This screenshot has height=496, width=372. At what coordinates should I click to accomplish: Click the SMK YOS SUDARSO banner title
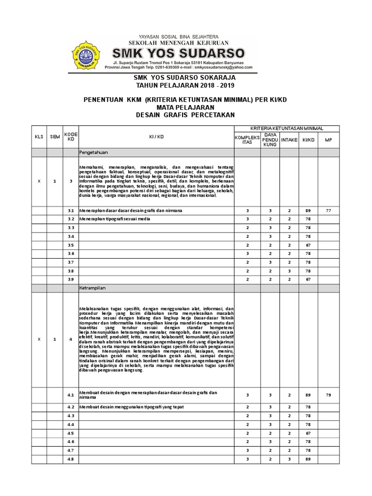point(179,52)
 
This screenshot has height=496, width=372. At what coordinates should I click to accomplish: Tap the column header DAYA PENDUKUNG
point(270,139)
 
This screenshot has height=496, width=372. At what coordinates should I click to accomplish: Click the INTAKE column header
point(289,139)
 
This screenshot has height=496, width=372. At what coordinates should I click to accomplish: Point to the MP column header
point(328,139)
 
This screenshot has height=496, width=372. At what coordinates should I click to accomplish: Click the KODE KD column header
point(71,137)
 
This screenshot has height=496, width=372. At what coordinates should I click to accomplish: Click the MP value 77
point(328,211)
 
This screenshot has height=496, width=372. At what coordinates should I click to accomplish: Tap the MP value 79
point(328,395)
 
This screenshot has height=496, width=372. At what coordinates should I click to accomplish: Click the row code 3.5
point(71,245)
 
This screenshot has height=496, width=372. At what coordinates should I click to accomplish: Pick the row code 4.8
point(71,459)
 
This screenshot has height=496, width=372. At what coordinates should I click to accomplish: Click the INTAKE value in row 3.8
point(289,271)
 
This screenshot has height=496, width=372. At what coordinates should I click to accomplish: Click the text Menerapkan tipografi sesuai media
point(115,219)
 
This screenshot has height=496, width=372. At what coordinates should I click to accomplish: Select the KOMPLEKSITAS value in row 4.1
point(248,395)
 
